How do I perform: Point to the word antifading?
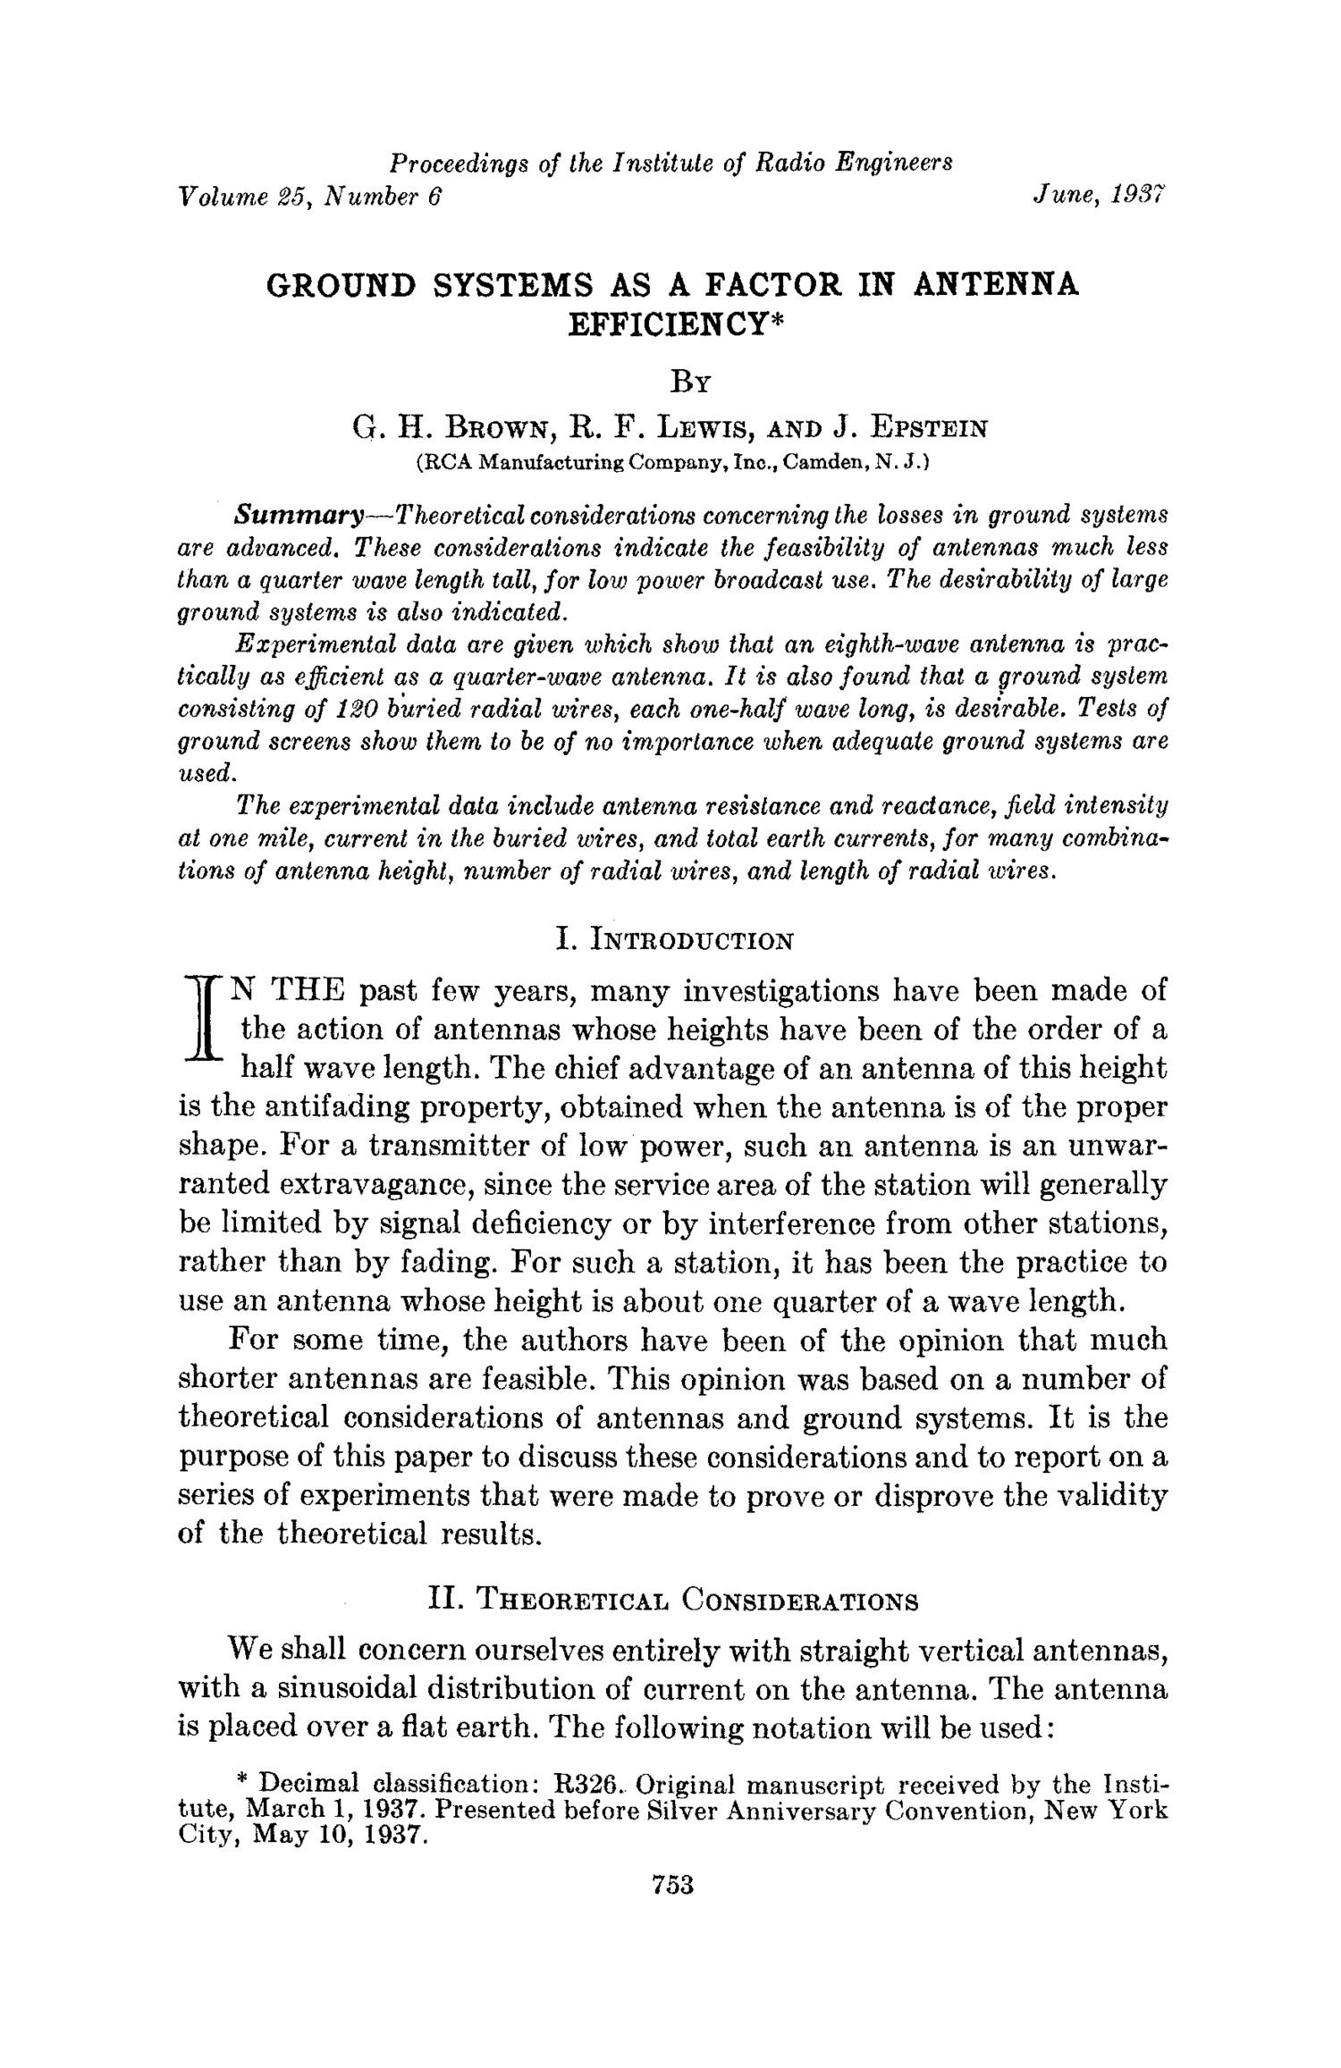click(325, 1107)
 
